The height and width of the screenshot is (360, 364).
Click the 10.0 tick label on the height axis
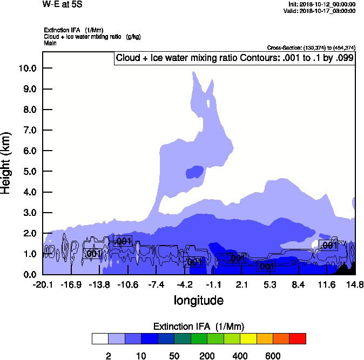pyautogui.click(x=27, y=69)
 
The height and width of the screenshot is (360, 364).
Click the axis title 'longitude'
pyautogui.click(x=199, y=300)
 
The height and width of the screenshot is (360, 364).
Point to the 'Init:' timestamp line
pyautogui.click(x=321, y=4)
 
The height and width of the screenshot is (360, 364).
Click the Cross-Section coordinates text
pyautogui.click(x=311, y=48)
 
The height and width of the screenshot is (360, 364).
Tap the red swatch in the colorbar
pyautogui.click(x=298, y=338)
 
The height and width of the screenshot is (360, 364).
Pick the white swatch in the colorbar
pyautogui.click(x=100, y=338)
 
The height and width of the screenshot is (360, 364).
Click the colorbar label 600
pyautogui.click(x=273, y=356)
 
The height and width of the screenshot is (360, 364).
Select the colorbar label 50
pyautogui.click(x=174, y=356)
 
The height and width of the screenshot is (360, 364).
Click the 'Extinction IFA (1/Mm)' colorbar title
pyautogui.click(x=198, y=327)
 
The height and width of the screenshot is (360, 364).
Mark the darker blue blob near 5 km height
pyautogui.click(x=194, y=172)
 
